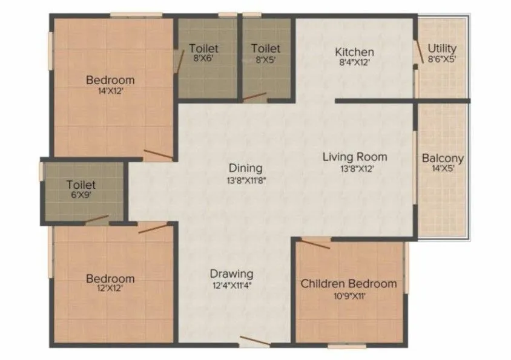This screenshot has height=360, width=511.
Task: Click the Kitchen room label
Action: point(354,52)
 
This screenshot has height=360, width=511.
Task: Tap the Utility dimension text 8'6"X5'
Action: point(442,59)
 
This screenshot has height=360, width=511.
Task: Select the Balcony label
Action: point(443,159)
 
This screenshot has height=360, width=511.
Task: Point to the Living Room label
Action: point(354,157)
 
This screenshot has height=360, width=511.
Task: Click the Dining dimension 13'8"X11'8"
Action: point(245,180)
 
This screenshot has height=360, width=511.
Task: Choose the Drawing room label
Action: point(231,274)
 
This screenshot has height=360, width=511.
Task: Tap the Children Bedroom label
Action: point(349,283)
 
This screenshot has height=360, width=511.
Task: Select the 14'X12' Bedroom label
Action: point(110,80)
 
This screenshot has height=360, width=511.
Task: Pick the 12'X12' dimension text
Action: point(110,290)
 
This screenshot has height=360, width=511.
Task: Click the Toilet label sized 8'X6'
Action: point(203,48)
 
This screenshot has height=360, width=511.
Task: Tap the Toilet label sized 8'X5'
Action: point(266,48)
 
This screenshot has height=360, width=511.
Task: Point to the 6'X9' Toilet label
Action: point(81,185)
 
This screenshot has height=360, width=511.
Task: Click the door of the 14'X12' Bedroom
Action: point(158,155)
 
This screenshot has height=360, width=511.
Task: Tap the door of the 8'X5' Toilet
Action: point(255,97)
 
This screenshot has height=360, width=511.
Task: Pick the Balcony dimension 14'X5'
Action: point(443,169)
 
